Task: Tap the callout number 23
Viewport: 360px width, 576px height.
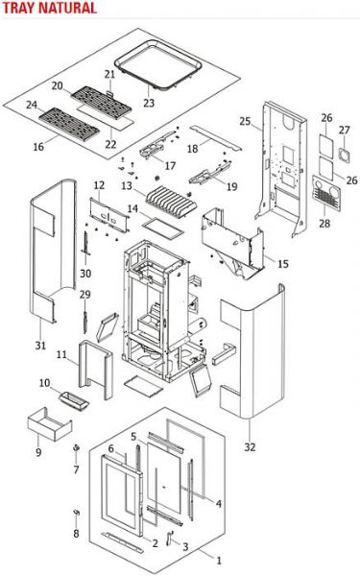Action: click(x=149, y=103)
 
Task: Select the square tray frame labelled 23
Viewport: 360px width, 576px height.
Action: click(x=158, y=64)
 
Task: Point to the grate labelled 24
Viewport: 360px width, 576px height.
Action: click(x=69, y=124)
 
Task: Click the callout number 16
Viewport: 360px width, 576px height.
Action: click(x=38, y=147)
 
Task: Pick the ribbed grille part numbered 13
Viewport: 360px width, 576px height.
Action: click(x=171, y=202)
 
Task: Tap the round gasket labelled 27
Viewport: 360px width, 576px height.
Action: click(x=345, y=155)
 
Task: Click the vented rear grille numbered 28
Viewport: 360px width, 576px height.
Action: click(x=326, y=193)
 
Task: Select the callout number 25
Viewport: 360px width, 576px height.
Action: click(x=245, y=121)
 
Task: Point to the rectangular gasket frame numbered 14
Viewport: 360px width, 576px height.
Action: click(x=162, y=228)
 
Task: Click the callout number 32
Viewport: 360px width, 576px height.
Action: click(x=250, y=447)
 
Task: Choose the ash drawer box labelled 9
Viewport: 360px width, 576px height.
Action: click(x=50, y=425)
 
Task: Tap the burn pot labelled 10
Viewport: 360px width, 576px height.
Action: click(x=74, y=400)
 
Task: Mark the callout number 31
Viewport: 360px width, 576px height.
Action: click(x=40, y=346)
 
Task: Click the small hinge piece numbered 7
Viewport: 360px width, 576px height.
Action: click(x=77, y=447)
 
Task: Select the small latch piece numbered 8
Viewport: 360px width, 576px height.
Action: click(x=77, y=513)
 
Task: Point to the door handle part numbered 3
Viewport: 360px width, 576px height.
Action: click(x=170, y=537)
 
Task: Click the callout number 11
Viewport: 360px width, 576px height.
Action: click(x=61, y=355)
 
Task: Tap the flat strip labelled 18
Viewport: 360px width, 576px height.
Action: click(x=216, y=137)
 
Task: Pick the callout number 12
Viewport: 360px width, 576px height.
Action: click(x=99, y=185)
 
